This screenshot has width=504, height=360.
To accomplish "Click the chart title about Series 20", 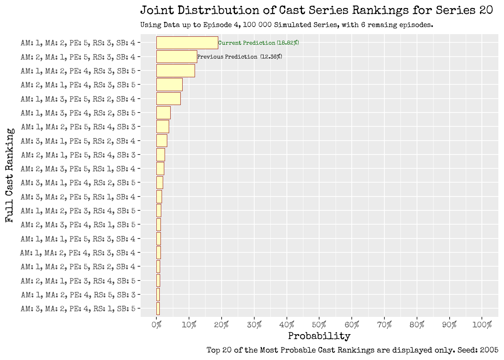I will pyautogui.click(x=316, y=10).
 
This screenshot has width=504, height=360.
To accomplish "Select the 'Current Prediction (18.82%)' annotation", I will pyautogui.click(x=258, y=43).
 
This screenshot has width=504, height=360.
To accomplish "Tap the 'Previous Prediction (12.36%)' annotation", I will pyautogui.click(x=240, y=57).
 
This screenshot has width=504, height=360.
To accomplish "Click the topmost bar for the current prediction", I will pyautogui.click(x=187, y=43).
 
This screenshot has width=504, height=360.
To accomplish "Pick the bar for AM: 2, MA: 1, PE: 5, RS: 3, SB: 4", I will pyautogui.click(x=177, y=57).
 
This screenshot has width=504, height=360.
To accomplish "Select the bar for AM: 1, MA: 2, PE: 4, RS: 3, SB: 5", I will pyautogui.click(x=175, y=71).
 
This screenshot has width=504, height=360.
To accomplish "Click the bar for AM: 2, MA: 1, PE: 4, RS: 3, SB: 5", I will pyautogui.click(x=169, y=85).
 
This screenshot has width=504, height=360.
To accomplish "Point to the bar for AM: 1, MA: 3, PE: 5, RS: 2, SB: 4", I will pyautogui.click(x=168, y=99).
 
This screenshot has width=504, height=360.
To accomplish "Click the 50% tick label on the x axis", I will pyautogui.click(x=319, y=325).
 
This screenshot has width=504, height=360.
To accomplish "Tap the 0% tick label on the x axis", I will pyautogui.click(x=156, y=325).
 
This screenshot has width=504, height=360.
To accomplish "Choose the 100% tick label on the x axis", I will pyautogui.click(x=482, y=325).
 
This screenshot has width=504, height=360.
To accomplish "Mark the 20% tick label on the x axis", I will pyautogui.click(x=222, y=325).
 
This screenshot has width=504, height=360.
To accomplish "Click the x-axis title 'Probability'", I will pyautogui.click(x=319, y=336).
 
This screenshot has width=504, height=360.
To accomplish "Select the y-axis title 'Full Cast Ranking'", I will pyautogui.click(x=10, y=175).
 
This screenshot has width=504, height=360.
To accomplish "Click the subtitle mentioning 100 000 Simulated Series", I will pyautogui.click(x=286, y=25).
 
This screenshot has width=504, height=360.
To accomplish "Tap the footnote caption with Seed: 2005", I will pyautogui.click(x=352, y=350).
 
